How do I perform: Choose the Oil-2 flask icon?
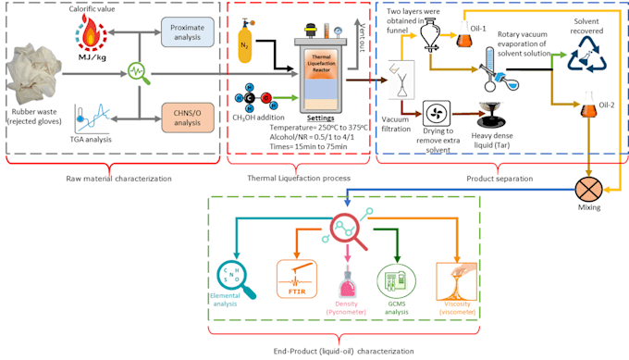pyautogui.click(x=586, y=116)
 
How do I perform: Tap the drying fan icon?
pyautogui.click(x=436, y=114)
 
